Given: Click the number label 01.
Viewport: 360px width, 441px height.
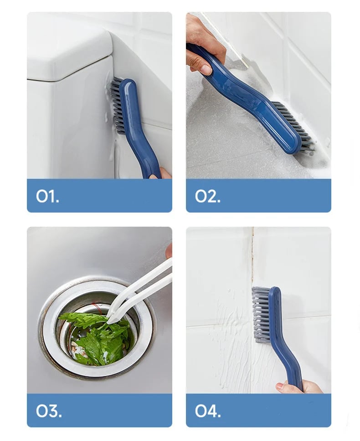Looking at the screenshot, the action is (47, 196).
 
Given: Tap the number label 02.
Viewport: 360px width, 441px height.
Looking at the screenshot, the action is (208, 196).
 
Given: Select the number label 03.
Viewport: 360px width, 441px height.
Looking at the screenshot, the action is (49, 411).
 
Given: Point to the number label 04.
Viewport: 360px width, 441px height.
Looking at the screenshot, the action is (208, 411).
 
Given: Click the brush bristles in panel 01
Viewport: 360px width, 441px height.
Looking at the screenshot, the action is (116, 105).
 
